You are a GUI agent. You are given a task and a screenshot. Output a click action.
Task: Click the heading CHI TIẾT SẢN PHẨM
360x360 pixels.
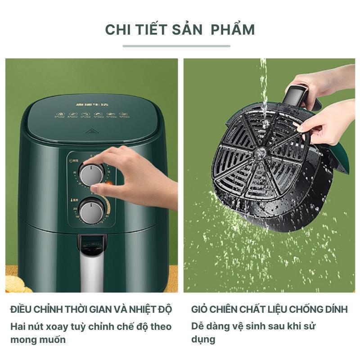point(180,30)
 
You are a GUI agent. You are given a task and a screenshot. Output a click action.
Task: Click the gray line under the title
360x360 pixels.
point(176,46)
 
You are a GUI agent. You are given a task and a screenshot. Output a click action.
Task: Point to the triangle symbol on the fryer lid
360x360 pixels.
point(92,131)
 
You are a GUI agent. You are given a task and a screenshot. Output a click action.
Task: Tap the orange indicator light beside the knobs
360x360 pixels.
point(108,184)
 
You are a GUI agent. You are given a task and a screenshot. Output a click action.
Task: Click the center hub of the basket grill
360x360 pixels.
point(260,153)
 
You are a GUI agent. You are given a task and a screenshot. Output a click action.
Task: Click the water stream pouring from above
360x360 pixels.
point(264,85)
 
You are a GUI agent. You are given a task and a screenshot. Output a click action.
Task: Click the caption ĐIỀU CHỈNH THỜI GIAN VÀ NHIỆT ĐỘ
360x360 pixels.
point(91,310)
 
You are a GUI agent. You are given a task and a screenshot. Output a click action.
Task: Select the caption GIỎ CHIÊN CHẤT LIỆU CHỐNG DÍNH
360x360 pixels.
point(269,310)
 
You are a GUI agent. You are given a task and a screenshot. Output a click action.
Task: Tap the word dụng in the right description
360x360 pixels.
point(203,339)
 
